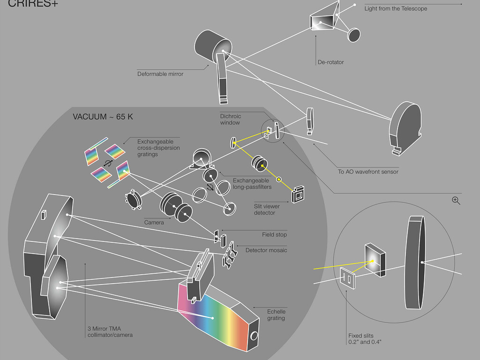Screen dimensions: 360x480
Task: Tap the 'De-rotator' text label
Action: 330,62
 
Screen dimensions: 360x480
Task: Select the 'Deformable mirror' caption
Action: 160,74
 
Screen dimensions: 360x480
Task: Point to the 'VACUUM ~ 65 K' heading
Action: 103,117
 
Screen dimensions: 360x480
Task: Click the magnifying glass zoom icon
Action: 456,201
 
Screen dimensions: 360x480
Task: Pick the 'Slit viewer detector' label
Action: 264,210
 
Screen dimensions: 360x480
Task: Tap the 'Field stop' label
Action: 274,234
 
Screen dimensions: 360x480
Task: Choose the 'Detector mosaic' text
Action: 266,250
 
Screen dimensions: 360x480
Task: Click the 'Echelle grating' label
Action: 276,315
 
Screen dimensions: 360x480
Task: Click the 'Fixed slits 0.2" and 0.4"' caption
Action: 365,339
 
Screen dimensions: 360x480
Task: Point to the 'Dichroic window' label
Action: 230,120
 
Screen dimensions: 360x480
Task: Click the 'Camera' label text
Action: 154,223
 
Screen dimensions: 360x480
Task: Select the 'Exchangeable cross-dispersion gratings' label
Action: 155,148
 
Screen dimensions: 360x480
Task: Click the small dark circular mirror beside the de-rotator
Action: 354,34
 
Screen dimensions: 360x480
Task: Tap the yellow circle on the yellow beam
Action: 279,179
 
